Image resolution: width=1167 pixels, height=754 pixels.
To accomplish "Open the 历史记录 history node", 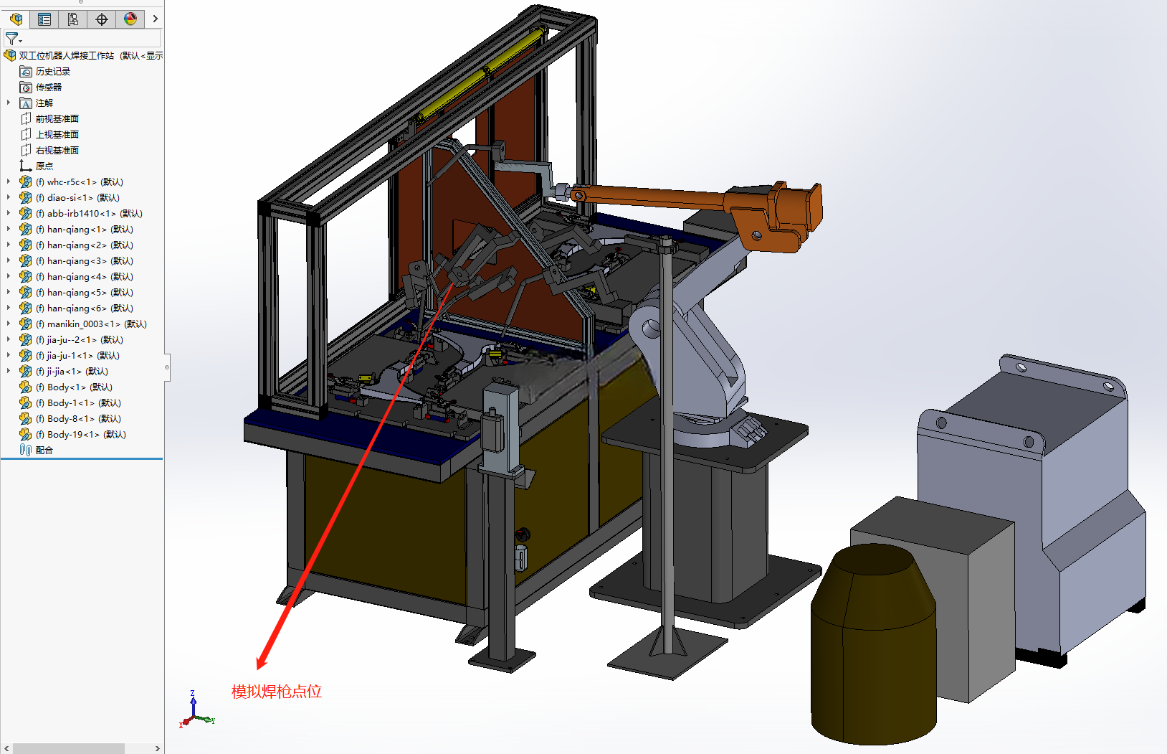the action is (x=52, y=72).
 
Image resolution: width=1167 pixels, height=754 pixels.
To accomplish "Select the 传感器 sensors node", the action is (x=49, y=87).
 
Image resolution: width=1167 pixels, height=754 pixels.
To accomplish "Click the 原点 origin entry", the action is (x=44, y=166).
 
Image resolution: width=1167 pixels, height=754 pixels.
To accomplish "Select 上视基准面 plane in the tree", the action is (x=57, y=135).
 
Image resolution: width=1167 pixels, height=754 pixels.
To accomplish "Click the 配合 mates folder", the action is (x=44, y=450).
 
